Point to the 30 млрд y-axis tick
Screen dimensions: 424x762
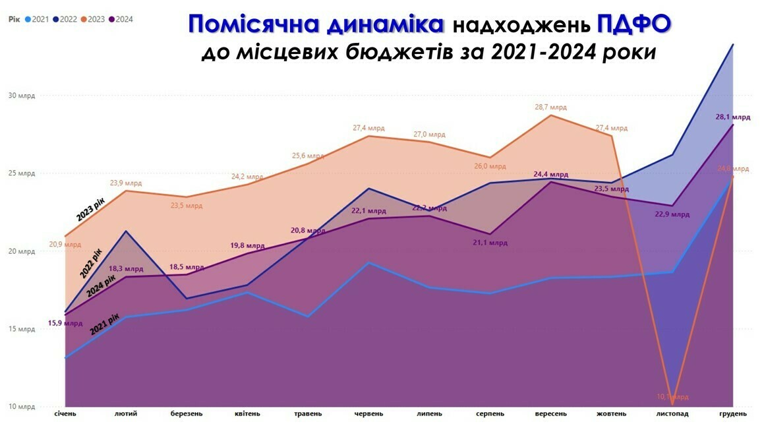(22, 96)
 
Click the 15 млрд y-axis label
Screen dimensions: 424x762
(22, 329)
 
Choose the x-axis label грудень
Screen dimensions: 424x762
(732, 413)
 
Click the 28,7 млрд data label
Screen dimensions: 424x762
(550, 107)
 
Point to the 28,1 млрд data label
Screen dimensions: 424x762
(733, 117)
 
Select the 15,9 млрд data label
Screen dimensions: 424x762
(65, 324)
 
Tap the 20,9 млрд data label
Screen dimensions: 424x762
(65, 245)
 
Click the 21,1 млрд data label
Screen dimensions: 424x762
(490, 243)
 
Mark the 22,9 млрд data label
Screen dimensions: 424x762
(672, 214)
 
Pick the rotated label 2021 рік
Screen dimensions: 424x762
(105, 325)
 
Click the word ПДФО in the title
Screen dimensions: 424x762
(634, 25)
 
